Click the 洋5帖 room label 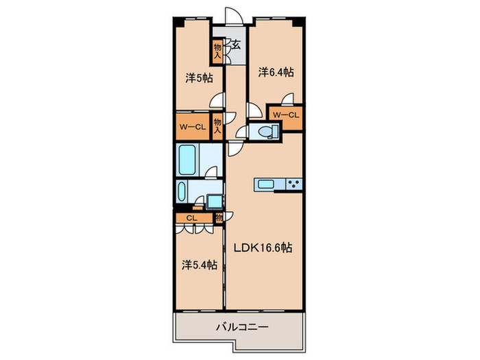198,78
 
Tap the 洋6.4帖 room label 276,71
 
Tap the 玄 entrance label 235,46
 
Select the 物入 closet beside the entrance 217,52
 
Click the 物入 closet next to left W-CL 217,128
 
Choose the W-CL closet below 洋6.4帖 285,115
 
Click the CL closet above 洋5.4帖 192,219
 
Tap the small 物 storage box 219,218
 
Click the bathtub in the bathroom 187,160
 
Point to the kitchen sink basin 265,184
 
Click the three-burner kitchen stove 293,184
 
